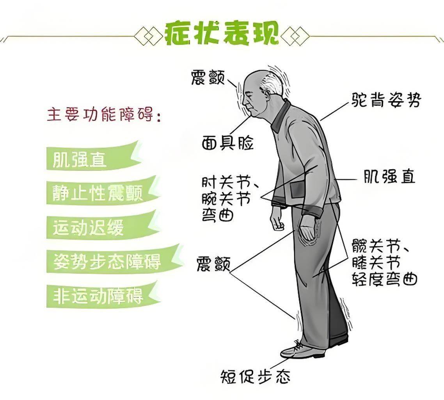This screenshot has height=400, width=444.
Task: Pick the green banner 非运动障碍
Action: [98, 296]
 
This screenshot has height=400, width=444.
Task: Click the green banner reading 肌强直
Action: [80, 160]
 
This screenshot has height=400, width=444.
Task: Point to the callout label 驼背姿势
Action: [384, 100]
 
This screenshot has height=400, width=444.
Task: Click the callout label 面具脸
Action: [227, 143]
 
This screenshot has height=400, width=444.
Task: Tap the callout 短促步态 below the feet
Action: [256, 377]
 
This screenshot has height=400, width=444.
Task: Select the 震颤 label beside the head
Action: [208, 78]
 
